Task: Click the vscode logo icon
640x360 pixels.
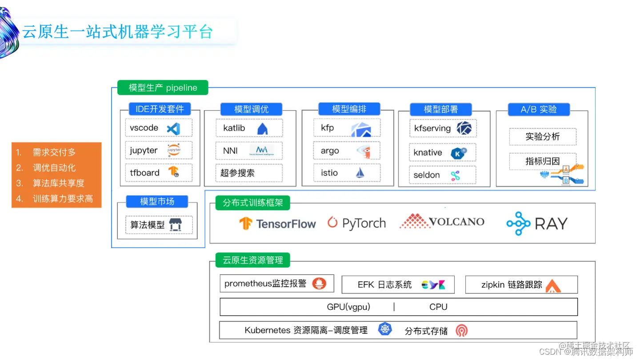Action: pyautogui.click(x=173, y=129)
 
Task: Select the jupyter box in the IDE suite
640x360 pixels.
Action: pyautogui.click(x=158, y=151)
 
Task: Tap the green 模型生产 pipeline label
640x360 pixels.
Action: pyautogui.click(x=163, y=88)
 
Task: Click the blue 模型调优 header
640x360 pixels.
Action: pyautogui.click(x=251, y=109)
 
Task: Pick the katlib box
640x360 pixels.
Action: pyautogui.click(x=249, y=128)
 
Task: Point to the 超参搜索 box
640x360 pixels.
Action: pyautogui.click(x=249, y=173)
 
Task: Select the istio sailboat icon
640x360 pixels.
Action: pyautogui.click(x=360, y=173)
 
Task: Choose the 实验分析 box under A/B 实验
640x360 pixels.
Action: pyautogui.click(x=542, y=137)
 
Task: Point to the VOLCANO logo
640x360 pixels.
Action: pyautogui.click(x=442, y=221)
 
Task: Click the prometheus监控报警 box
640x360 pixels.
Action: pyautogui.click(x=276, y=284)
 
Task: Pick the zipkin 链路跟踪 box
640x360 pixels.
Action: pyautogui.click(x=521, y=285)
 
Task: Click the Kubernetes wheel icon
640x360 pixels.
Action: pyautogui.click(x=385, y=329)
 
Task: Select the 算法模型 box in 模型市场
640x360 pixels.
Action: pyautogui.click(x=158, y=225)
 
